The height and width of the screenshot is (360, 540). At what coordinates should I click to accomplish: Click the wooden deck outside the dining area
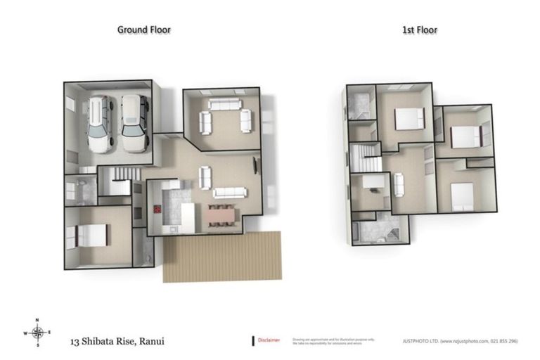click(x=221, y=257)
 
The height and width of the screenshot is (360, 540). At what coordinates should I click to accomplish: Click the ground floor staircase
click(x=117, y=181)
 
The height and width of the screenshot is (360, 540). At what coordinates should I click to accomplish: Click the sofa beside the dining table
click(x=229, y=192)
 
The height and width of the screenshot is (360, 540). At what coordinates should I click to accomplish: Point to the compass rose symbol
click(x=38, y=333)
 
